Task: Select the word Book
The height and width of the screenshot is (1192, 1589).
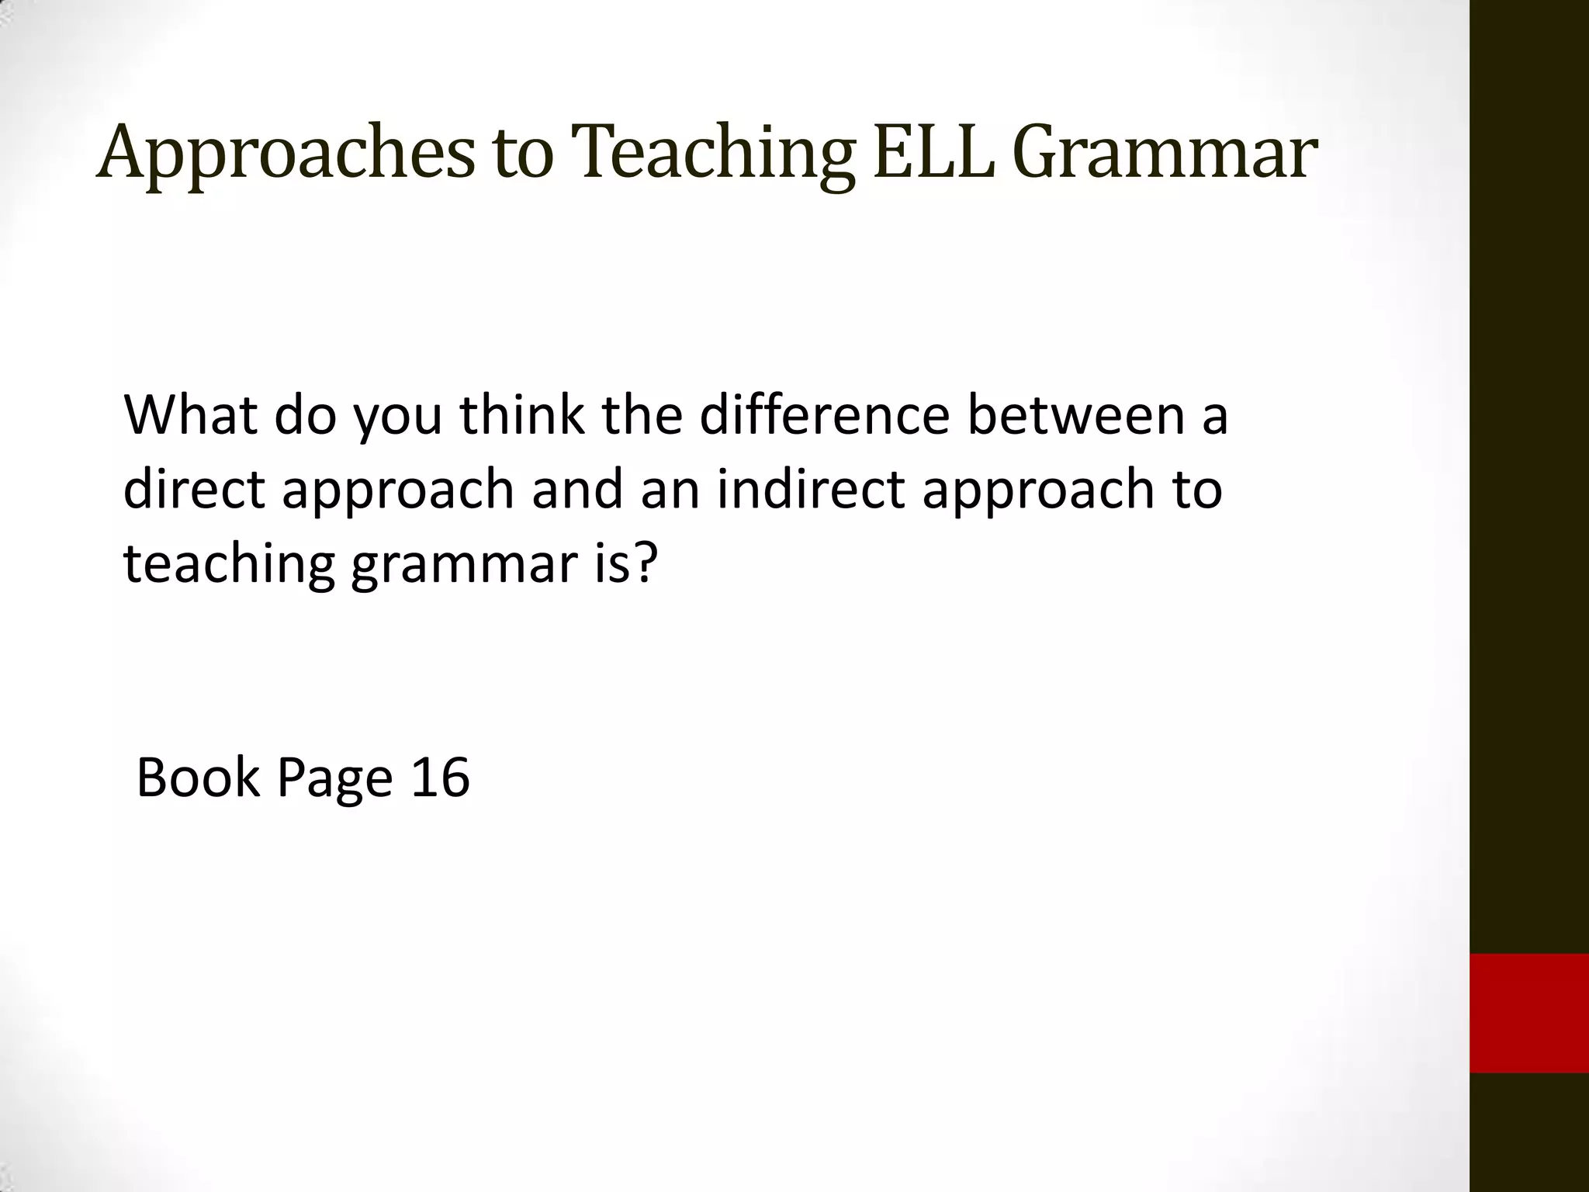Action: click(x=198, y=778)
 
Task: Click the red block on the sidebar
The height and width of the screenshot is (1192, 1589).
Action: click(x=1529, y=1013)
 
